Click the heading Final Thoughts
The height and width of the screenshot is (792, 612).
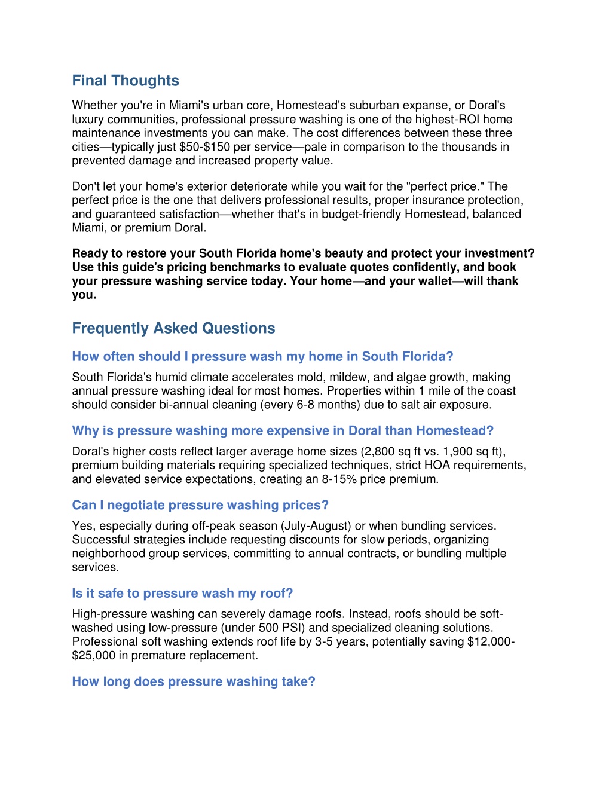126,81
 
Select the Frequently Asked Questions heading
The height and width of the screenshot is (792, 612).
173,328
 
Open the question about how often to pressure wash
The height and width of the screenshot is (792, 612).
262,357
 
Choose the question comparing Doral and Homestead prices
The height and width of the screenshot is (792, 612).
283,431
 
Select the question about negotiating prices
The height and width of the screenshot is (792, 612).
200,505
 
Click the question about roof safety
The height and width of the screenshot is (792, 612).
182,594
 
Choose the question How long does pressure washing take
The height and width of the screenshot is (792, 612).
193,682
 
